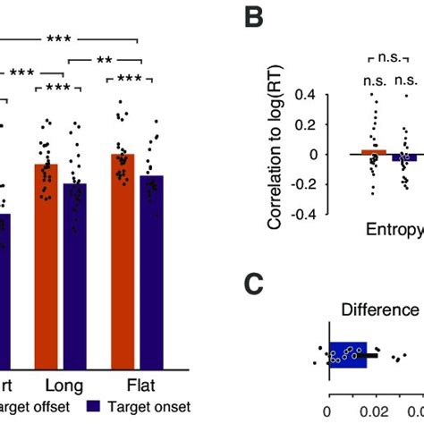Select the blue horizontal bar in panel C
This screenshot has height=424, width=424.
pyautogui.click(x=349, y=354)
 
